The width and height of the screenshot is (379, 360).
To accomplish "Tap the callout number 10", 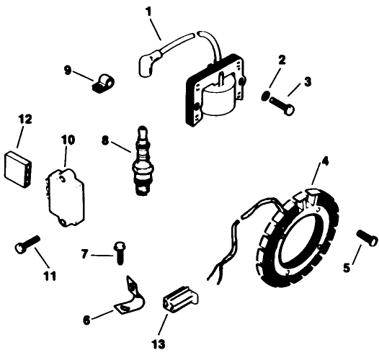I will [66, 139].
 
